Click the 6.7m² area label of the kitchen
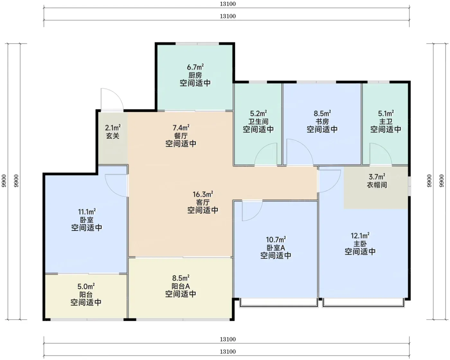click(x=195, y=67)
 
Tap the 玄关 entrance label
click(x=113, y=136)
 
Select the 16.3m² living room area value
click(x=203, y=194)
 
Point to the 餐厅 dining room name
click(x=181, y=136)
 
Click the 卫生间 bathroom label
click(x=258, y=121)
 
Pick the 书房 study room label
click(x=322, y=121)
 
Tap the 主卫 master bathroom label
click(x=386, y=121)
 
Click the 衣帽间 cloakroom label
click(x=377, y=185)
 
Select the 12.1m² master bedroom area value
click(x=360, y=236)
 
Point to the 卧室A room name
click(x=276, y=248)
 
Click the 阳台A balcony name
click(x=181, y=286)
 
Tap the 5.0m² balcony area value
click(x=86, y=286)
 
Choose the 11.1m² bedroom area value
click(x=87, y=212)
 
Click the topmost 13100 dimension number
click(x=228, y=4)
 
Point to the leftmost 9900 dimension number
click(x=4, y=181)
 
